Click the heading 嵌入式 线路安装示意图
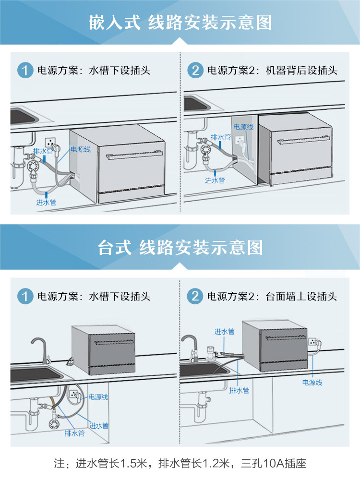(x=180, y=23)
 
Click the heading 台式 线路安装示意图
(x=180, y=248)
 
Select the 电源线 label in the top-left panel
(x=80, y=149)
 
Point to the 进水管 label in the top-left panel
(x=46, y=203)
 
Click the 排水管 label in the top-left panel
(x=43, y=151)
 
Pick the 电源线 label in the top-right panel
(x=243, y=127)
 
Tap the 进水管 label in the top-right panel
(x=215, y=180)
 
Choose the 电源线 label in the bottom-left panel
(x=98, y=397)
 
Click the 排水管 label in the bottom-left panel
(x=74, y=433)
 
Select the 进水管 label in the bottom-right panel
(x=224, y=332)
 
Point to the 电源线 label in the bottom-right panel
(x=312, y=383)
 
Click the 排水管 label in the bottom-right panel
(x=239, y=390)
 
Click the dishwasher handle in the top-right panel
(x=303, y=140)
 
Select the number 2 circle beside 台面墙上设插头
(x=195, y=296)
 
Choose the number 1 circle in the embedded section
(x=25, y=71)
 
